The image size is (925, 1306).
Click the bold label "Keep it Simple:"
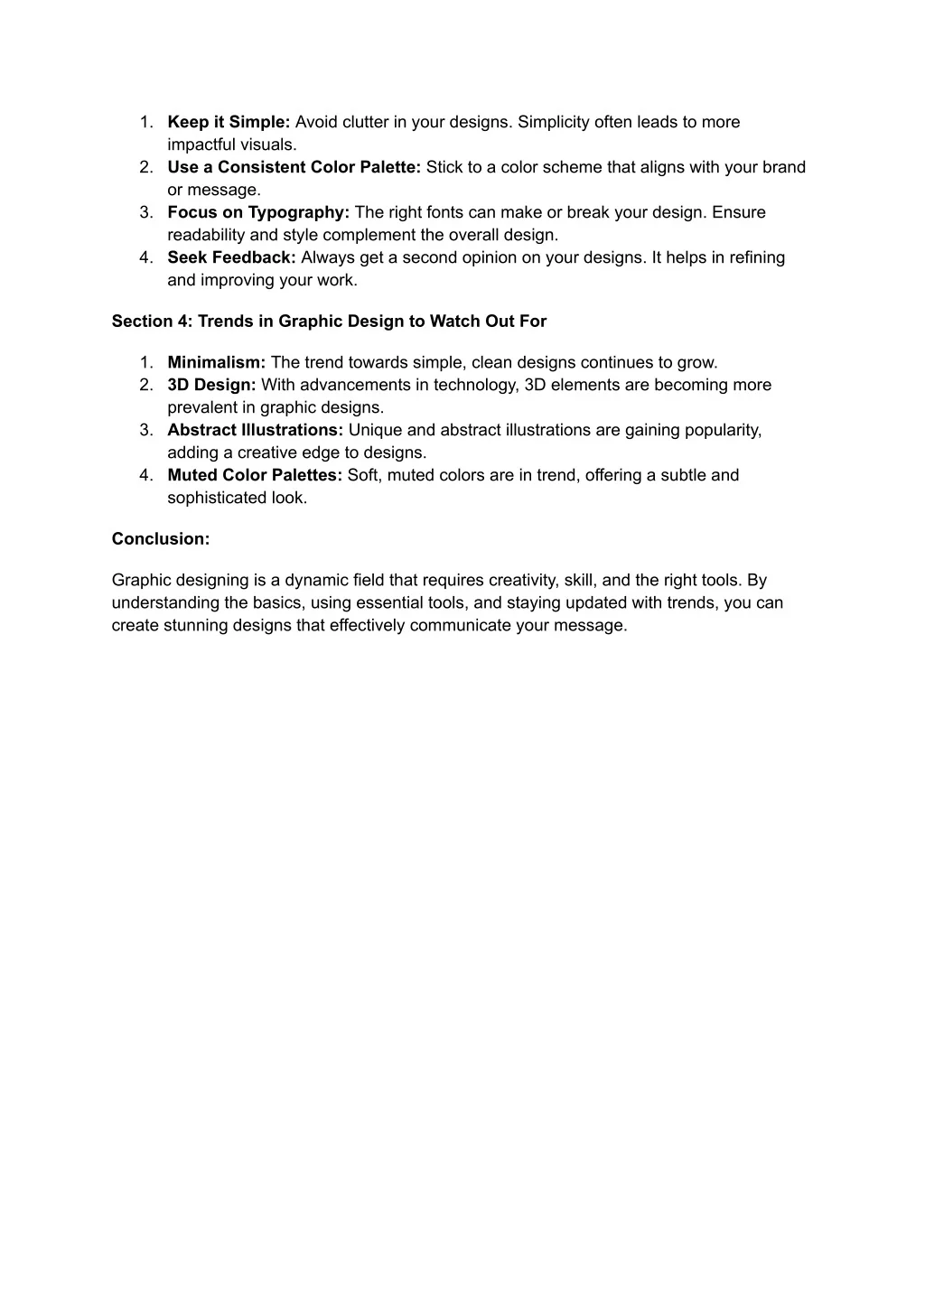[x=229, y=122]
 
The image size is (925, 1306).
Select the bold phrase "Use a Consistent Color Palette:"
[x=294, y=167]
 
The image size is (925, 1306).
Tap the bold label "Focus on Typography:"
[x=258, y=212]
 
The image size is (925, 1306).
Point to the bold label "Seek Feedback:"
[x=231, y=257]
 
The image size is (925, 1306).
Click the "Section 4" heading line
[x=329, y=321]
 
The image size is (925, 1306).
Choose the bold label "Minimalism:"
[x=216, y=362]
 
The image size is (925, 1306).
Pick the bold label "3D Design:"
[x=211, y=385]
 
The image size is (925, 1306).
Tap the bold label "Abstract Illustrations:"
[x=255, y=430]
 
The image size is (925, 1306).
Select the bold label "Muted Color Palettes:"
[x=255, y=475]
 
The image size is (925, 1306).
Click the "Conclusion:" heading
[x=161, y=538]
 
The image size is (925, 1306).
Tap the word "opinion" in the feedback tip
[x=490, y=257]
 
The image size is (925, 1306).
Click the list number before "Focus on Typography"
[x=146, y=212]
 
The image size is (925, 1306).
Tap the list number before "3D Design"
[x=146, y=385]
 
